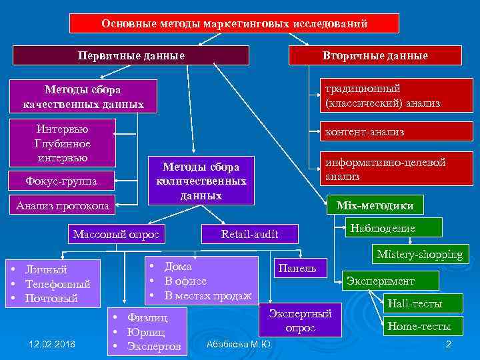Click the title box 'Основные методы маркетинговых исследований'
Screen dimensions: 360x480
(x=235, y=23)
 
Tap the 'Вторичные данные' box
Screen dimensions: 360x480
(x=375, y=55)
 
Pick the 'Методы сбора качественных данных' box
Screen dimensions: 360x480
(x=83, y=97)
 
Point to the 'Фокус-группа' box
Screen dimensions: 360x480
(x=61, y=181)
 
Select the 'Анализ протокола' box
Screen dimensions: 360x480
(x=61, y=205)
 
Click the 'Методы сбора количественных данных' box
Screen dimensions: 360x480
(x=201, y=180)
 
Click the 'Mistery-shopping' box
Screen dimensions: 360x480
(x=419, y=254)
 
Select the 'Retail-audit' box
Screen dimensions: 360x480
(x=249, y=233)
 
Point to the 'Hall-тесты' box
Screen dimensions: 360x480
(x=414, y=304)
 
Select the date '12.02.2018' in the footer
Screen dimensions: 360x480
(x=53, y=343)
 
